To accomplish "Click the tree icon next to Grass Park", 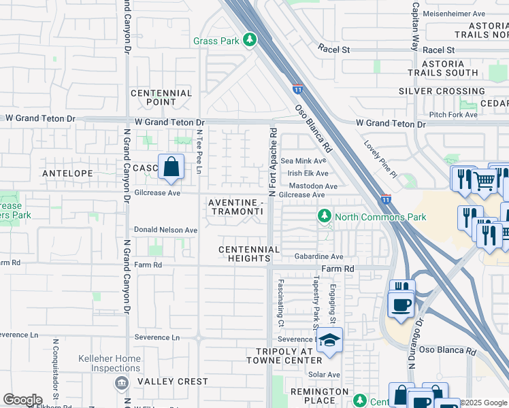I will coord(250,40).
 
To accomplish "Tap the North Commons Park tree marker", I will coord(325,216).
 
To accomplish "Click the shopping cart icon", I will coord(484,181).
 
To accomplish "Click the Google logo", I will coord(22,399).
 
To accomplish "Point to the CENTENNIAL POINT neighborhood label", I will coord(161,97).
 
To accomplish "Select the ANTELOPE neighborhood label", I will coord(67,173).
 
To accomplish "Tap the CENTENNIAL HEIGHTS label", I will coord(249,254).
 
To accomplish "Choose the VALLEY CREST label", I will coord(173,381).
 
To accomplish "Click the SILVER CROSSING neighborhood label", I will coord(442,91).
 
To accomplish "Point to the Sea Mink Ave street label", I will coord(303,161).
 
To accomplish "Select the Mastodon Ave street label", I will coord(313,186).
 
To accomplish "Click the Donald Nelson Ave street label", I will coord(165,230).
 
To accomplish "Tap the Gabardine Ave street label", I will coord(318,256).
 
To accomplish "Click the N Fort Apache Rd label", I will coord(272,163).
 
